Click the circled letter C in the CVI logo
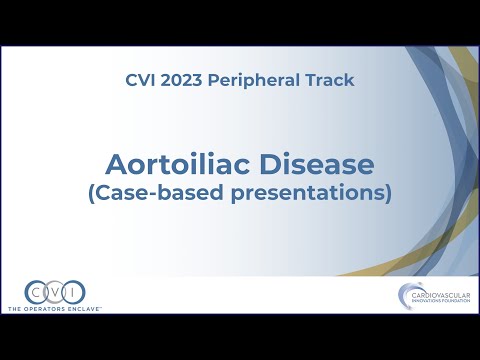click(37, 293)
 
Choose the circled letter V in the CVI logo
click(54, 293)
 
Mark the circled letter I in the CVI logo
click(72, 293)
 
